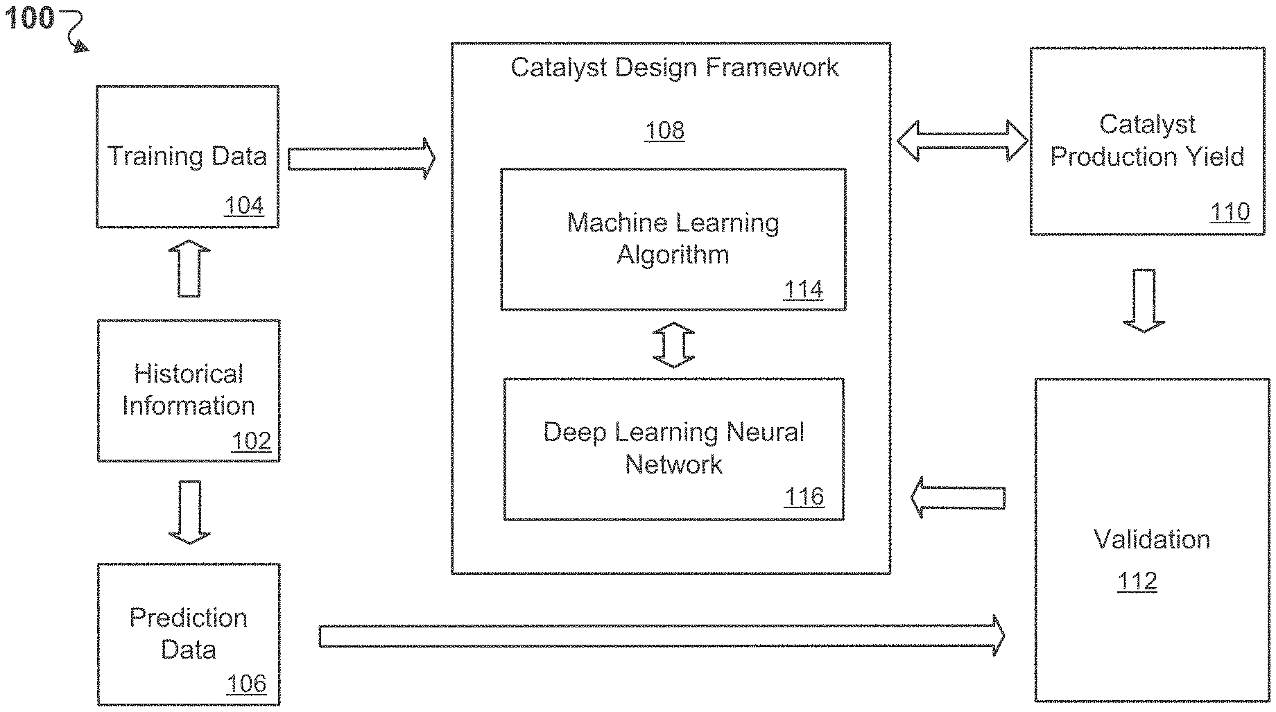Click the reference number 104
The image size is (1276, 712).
[x=244, y=206]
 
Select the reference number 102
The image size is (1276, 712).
[x=251, y=441]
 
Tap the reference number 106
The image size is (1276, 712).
[x=246, y=684]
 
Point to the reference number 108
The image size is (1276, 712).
[x=664, y=130]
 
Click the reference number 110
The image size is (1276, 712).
[x=1230, y=211]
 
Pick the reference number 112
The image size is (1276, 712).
[x=1137, y=580]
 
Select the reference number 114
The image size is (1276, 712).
[x=803, y=289]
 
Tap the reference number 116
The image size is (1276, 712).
[x=804, y=496]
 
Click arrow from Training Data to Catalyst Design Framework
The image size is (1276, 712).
[x=361, y=158]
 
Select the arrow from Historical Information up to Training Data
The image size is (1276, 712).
[x=189, y=269]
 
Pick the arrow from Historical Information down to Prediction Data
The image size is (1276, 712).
[x=189, y=512]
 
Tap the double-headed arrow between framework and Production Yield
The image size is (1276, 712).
[x=962, y=141]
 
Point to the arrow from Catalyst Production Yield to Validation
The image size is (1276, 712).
[x=1144, y=300]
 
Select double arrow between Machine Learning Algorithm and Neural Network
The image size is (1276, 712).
[x=673, y=345]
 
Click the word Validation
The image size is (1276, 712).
[x=1152, y=539]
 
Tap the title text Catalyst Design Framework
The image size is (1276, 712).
[x=674, y=68]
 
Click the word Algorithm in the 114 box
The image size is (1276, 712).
[x=673, y=255]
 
